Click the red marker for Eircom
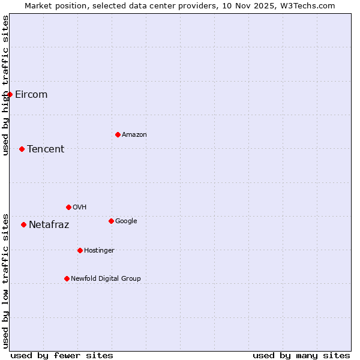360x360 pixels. pyautogui.click(x=10, y=94)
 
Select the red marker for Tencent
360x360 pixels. pyautogui.click(x=22, y=149)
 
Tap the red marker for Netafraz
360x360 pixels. pyautogui.click(x=23, y=224)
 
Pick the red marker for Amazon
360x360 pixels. pyautogui.click(x=118, y=134)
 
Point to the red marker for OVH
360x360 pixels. pyautogui.click(x=68, y=207)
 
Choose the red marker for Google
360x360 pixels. pyautogui.click(x=111, y=221)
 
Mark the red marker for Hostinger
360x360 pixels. pyautogui.click(x=80, y=250)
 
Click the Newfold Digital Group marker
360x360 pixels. pyautogui.click(x=67, y=278)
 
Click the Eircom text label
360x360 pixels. pyautogui.click(x=31, y=94)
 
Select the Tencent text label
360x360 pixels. pyautogui.click(x=46, y=149)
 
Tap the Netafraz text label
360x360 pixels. pyautogui.click(x=49, y=225)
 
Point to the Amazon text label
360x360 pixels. pyautogui.click(x=134, y=135)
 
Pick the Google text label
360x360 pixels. pyautogui.click(x=126, y=221)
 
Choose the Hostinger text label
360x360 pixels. pyautogui.click(x=99, y=251)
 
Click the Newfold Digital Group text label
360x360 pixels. pyautogui.click(x=106, y=279)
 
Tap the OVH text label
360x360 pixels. pyautogui.click(x=79, y=208)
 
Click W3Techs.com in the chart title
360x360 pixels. pyautogui.click(x=306, y=6)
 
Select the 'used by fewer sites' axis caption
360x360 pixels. pyautogui.click(x=62, y=355)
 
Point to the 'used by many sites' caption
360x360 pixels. pyautogui.click(x=301, y=355)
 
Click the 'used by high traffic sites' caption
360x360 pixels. pyautogui.click(x=6, y=85)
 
